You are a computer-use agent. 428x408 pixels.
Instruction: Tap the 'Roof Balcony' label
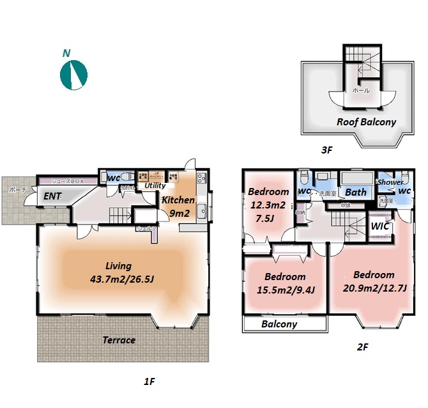point(366,122)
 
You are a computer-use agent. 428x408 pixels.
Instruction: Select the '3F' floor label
point(327,150)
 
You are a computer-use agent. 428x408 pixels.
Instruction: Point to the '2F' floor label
point(362,347)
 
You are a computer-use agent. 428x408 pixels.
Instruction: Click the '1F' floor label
point(149,382)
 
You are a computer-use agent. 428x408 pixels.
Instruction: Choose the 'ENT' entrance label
point(52,197)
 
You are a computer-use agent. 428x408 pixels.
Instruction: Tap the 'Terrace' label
point(119,340)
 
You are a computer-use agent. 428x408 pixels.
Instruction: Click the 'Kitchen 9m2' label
point(178,207)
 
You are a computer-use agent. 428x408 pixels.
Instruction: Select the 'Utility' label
point(155,185)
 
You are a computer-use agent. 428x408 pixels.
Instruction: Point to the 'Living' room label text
point(119,272)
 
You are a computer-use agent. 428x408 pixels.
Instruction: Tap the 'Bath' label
point(356,192)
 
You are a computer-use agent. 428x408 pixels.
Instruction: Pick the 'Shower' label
point(390,182)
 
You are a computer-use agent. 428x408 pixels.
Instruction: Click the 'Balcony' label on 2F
point(279,324)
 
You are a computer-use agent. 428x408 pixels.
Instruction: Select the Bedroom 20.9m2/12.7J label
point(374,281)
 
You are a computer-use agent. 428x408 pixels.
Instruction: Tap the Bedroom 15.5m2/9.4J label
point(285,283)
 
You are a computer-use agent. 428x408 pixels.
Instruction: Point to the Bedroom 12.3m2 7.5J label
point(268,203)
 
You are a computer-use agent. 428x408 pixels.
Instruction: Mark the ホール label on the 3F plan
point(361,91)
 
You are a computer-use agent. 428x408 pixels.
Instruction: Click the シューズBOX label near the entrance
point(68,182)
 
